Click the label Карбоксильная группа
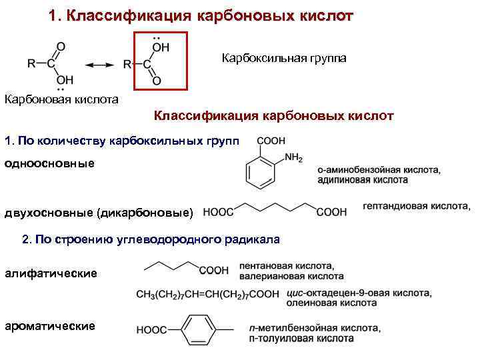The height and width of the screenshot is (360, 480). pos(284,59)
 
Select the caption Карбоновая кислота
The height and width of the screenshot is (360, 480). pos(61,100)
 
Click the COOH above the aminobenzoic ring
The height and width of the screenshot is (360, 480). pos(270,141)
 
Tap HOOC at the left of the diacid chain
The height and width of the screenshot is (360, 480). pos(218,213)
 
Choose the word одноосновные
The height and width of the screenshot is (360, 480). pos(49,163)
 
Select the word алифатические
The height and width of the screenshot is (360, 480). pos(51,273)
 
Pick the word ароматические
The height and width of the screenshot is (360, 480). pos(50,326)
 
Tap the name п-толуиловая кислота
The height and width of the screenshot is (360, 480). pos(327,338)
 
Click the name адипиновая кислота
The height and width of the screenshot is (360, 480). pos(363,180)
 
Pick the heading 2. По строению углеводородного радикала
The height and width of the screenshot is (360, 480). pos(151,239)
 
